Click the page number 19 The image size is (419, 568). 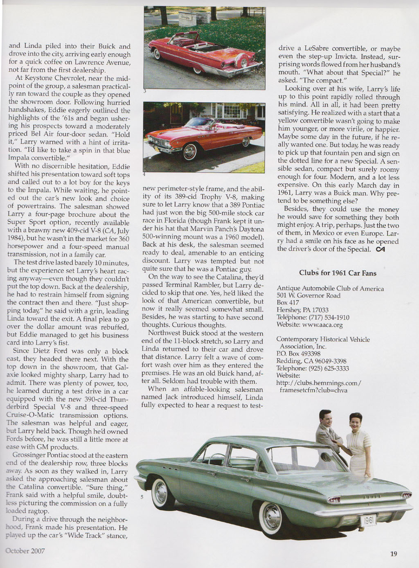393,554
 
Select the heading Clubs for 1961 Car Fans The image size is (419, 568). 338,273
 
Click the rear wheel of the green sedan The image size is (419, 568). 271,515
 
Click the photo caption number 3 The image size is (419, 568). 144,91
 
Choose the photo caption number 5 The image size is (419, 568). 142,498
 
